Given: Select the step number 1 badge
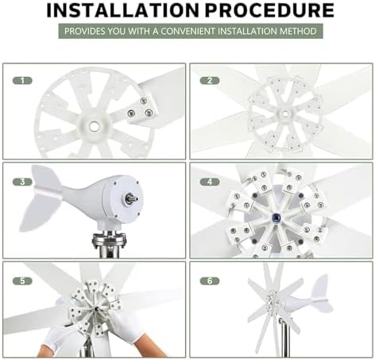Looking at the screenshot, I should (25, 81).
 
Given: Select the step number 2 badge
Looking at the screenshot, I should (209, 81).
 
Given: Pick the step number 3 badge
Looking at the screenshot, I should (25, 181).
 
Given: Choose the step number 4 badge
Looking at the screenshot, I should (209, 181).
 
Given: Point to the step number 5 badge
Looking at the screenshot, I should (25, 281).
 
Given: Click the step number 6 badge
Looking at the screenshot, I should (209, 281).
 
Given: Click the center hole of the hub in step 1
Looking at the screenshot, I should (94, 125).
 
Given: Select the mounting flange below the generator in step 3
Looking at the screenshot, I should (108, 238).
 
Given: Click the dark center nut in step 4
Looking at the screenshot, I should (278, 214).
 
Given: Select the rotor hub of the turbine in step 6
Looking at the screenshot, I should (274, 302).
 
